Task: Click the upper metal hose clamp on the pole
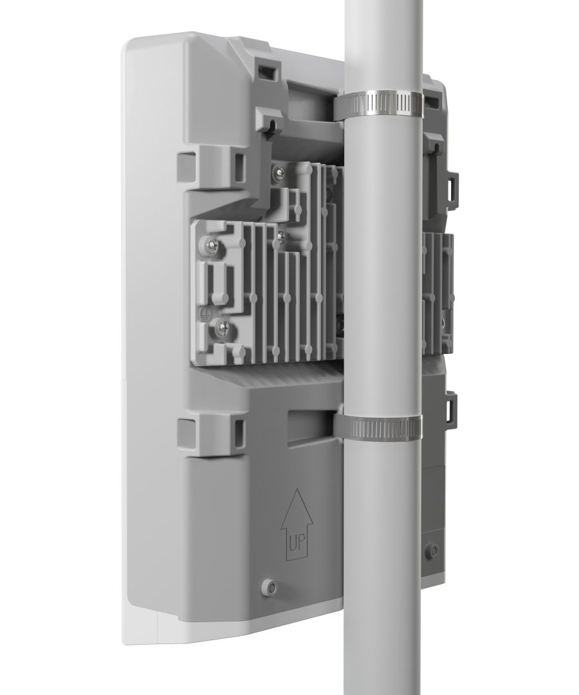(x=380, y=104)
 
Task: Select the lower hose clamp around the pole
(x=378, y=427)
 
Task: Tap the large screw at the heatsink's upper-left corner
(x=211, y=244)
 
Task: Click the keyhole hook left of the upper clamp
(x=273, y=122)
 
